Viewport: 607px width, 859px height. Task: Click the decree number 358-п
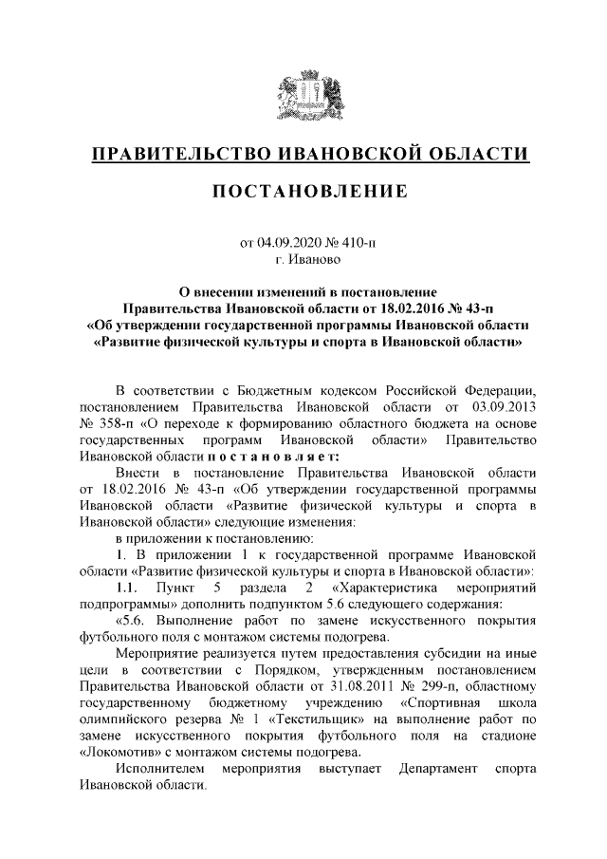[120, 423]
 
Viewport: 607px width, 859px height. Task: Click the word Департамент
[443, 770]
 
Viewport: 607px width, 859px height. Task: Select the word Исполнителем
[160, 770]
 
